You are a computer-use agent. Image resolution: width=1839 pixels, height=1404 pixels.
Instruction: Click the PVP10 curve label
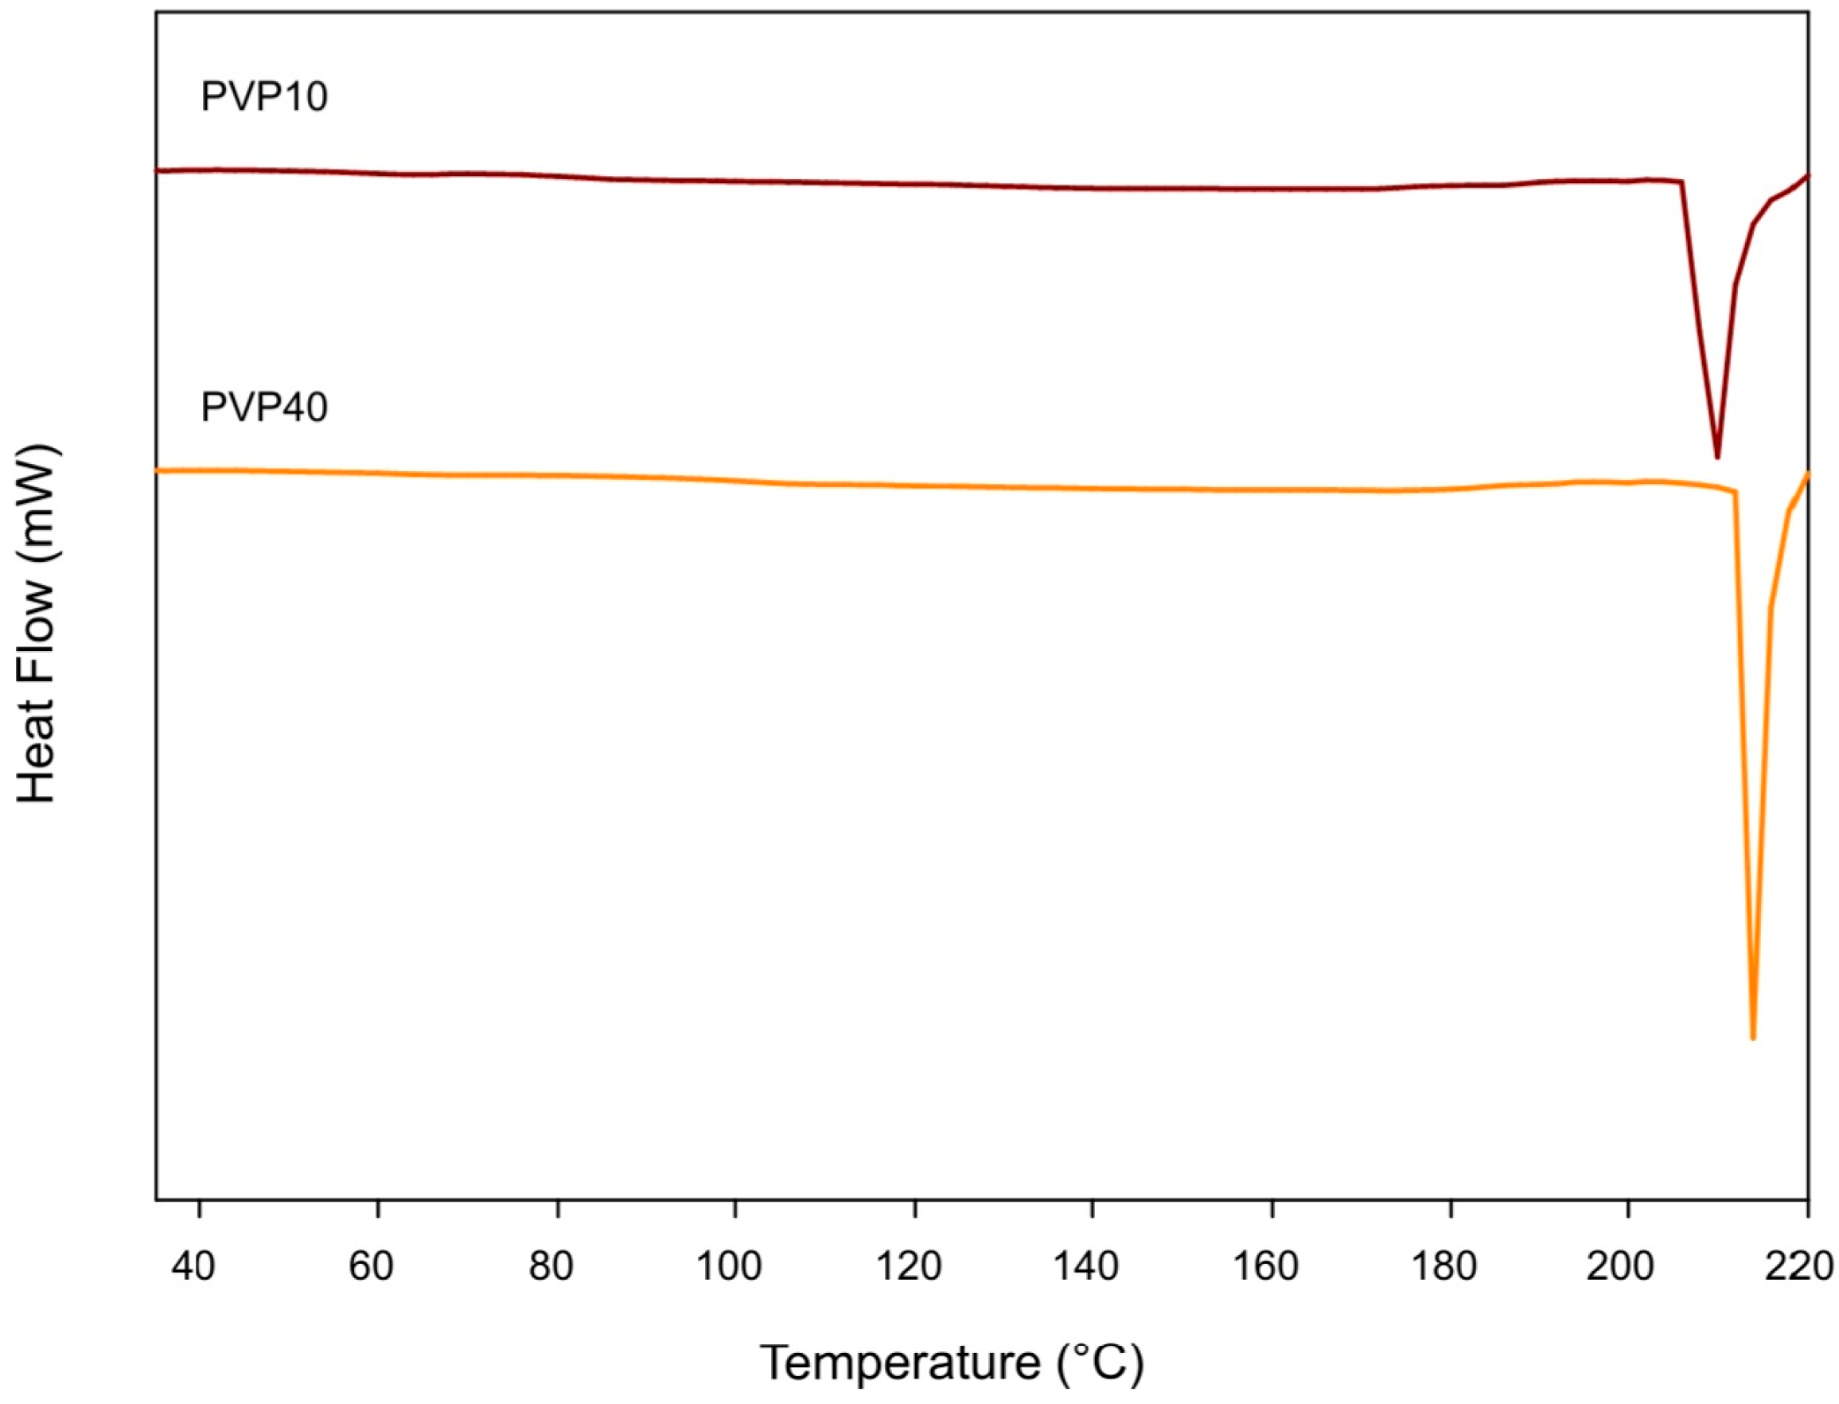pos(263,97)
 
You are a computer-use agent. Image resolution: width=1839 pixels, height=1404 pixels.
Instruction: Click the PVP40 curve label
pos(263,408)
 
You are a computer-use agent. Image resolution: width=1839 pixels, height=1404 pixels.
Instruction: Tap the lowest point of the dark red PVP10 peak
pos(1717,456)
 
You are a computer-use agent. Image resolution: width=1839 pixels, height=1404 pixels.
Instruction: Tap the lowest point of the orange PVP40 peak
pos(1753,1037)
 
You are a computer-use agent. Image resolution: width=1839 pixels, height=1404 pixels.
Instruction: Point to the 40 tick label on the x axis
pos(193,1267)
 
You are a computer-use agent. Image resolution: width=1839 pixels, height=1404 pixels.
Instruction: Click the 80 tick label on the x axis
pos(551,1267)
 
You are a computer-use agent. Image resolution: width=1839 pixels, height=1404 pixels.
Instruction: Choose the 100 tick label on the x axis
pos(729,1267)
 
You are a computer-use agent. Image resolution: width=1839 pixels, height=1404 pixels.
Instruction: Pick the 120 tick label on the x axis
pos(908,1267)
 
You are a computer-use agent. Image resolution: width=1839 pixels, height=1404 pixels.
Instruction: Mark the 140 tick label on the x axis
pos(1086,1267)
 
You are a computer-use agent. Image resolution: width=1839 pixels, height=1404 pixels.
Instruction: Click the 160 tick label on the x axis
pos(1265,1267)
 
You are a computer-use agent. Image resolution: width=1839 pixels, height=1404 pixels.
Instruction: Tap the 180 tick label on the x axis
pos(1444,1267)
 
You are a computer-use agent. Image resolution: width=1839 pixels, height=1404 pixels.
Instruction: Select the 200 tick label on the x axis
pos(1620,1267)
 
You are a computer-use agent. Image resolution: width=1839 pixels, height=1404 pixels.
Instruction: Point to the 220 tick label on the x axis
pos(1799,1267)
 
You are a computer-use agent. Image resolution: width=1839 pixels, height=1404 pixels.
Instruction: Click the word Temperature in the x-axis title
pos(900,1363)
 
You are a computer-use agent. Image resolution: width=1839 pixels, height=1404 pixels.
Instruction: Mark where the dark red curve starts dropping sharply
pos(1682,181)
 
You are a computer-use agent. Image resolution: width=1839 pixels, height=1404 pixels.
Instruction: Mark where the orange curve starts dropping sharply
pos(1736,491)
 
